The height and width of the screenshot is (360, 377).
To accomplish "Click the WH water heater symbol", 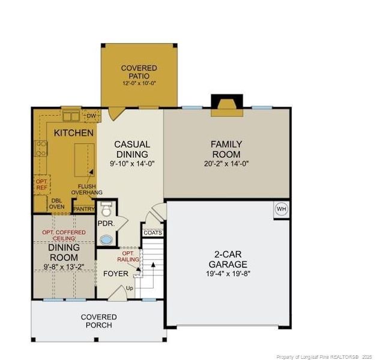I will pyautogui.click(x=280, y=209).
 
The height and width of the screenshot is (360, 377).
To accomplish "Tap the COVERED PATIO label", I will pyautogui.click(x=139, y=73).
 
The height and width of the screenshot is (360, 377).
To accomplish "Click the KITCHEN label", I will pyautogui.click(x=73, y=133).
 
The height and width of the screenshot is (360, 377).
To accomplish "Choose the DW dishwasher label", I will pyautogui.click(x=91, y=116).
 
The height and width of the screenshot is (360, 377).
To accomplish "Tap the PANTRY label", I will pyautogui.click(x=83, y=209).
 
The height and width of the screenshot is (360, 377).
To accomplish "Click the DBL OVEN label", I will pyautogui.click(x=57, y=204).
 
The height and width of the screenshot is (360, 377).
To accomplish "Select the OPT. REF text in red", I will pyautogui.click(x=41, y=184).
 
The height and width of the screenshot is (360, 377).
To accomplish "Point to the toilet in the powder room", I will pyautogui.click(x=106, y=210).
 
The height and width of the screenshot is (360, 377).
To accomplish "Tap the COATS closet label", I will pyautogui.click(x=152, y=232).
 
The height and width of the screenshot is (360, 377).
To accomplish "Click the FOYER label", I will pyautogui.click(x=115, y=274).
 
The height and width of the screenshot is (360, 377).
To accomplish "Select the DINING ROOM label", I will pyautogui.click(x=64, y=252).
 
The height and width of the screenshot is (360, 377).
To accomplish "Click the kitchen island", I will pyautogui.click(x=83, y=158).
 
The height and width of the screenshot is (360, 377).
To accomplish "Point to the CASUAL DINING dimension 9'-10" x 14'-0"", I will pyautogui.click(x=131, y=163).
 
